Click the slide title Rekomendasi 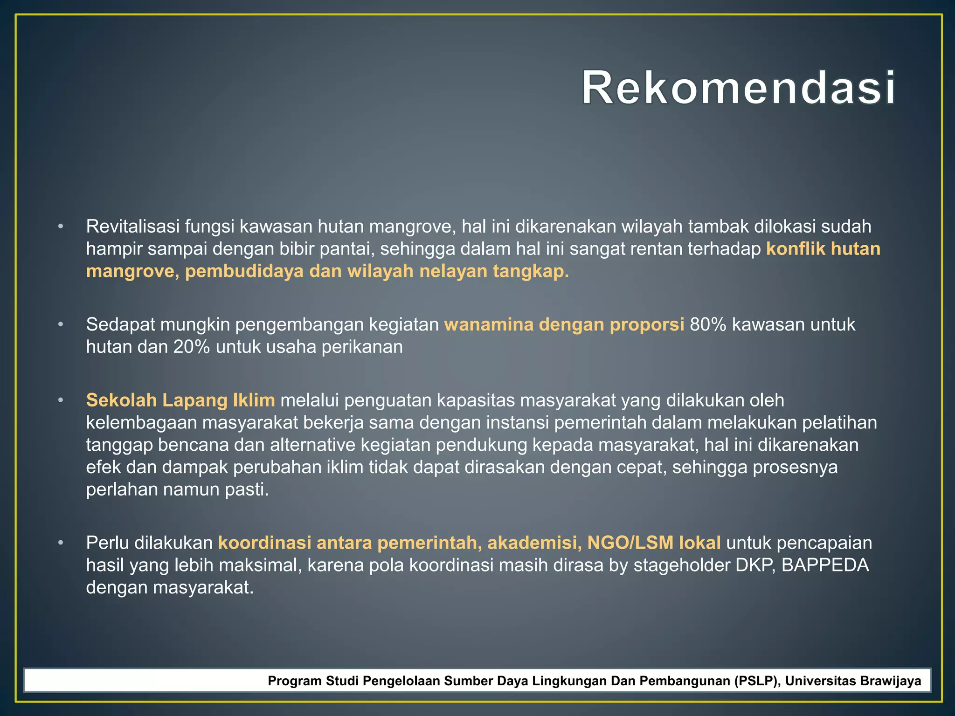(738, 88)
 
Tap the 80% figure (708, 324)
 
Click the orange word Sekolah (121, 400)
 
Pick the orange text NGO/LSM (630, 543)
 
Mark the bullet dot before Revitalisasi (60, 227)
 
